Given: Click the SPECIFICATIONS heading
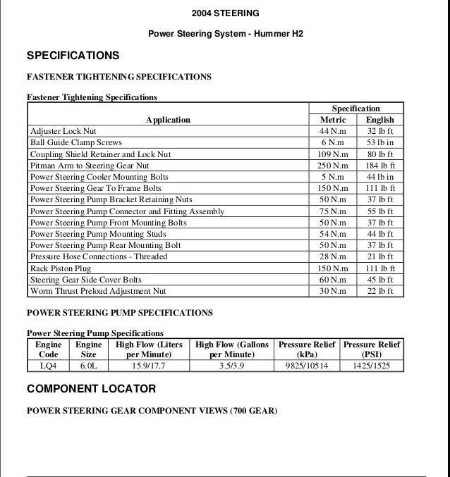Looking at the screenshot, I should point(73,56).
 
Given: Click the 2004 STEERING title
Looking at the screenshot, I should point(225,13).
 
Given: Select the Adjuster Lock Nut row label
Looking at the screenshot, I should point(63,131).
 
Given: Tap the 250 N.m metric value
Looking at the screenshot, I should point(333,166).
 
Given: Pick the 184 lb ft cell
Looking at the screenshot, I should point(380,166).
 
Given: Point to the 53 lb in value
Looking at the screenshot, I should point(380,142).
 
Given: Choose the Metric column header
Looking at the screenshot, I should point(333,120).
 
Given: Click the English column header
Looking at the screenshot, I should point(380,120).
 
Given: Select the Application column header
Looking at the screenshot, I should point(168,120).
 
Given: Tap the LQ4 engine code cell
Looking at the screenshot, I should point(49,366).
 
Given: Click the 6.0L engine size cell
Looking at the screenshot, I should point(89,366).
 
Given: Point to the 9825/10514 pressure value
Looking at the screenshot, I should point(306,366).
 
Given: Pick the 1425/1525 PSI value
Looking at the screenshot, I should point(372,366).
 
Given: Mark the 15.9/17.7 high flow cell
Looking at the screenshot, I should point(148,366).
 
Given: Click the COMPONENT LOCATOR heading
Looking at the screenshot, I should point(91,388).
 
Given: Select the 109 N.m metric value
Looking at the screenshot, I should point(333,154).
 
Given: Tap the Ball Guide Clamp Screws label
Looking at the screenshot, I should point(76,142).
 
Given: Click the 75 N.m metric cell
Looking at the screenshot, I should point(333,211).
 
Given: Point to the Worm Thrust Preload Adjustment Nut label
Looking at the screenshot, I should point(98,291).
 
